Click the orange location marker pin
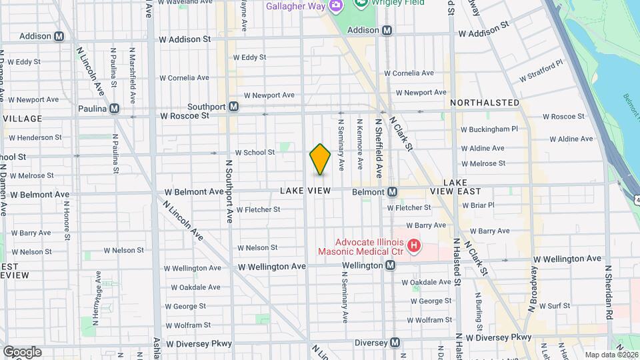click(x=320, y=159)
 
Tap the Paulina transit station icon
click(x=115, y=108)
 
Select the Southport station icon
click(x=234, y=106)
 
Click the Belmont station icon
click(x=393, y=192)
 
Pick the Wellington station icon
click(x=391, y=265)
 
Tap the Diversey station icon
click(x=395, y=343)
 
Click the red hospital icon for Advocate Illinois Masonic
click(x=414, y=246)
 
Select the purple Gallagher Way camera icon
click(x=337, y=6)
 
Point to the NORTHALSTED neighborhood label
click(x=485, y=103)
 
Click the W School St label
click(x=255, y=153)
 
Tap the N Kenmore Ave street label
click(x=359, y=143)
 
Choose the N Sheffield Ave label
click(x=378, y=148)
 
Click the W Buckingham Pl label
click(x=489, y=129)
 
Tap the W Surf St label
click(x=555, y=305)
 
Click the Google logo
click(x=22, y=352)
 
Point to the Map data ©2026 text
click(x=611, y=355)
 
